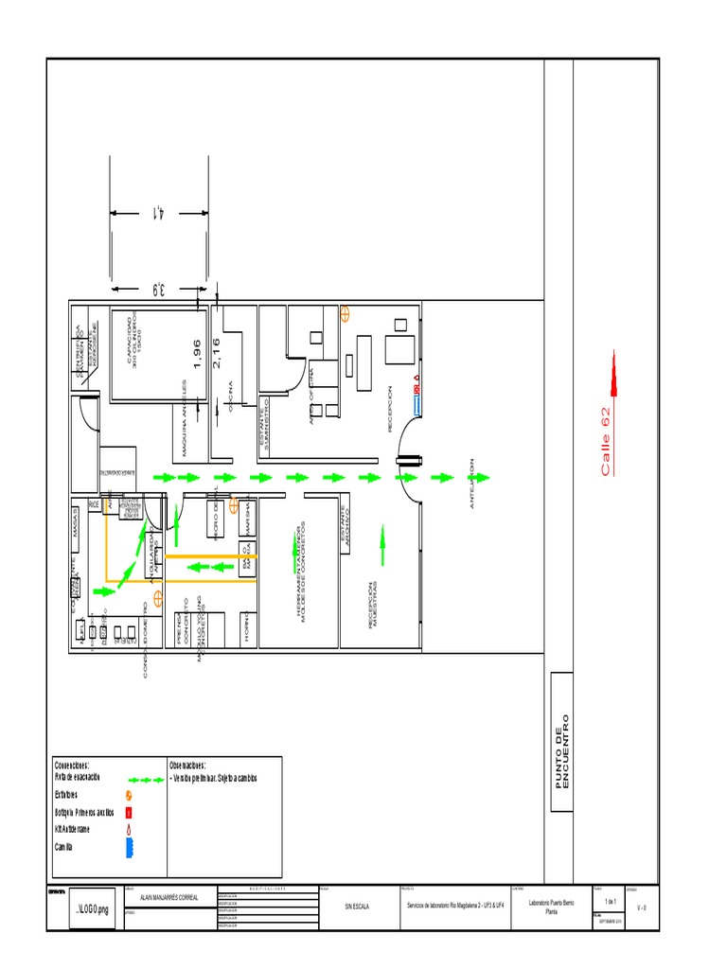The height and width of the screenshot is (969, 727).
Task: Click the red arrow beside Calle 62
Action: tap(614, 373)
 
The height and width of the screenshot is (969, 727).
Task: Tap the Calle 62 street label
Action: tap(606, 440)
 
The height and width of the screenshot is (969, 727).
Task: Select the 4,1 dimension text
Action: tap(158, 212)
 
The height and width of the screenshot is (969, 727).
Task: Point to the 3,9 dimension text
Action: tap(158, 288)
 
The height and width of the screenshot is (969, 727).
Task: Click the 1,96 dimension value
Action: tap(197, 352)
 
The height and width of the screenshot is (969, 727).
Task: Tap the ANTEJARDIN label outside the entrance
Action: tap(472, 484)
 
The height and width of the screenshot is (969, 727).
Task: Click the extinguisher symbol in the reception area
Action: tap(346, 310)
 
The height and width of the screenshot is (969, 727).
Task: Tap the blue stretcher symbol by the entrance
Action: tap(417, 405)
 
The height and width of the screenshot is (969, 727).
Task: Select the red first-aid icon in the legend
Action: tap(130, 812)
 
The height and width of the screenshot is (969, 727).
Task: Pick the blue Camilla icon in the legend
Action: tap(130, 846)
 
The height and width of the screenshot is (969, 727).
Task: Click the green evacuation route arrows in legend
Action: tap(146, 779)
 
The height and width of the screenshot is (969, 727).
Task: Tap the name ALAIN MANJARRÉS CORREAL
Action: tap(169, 897)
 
